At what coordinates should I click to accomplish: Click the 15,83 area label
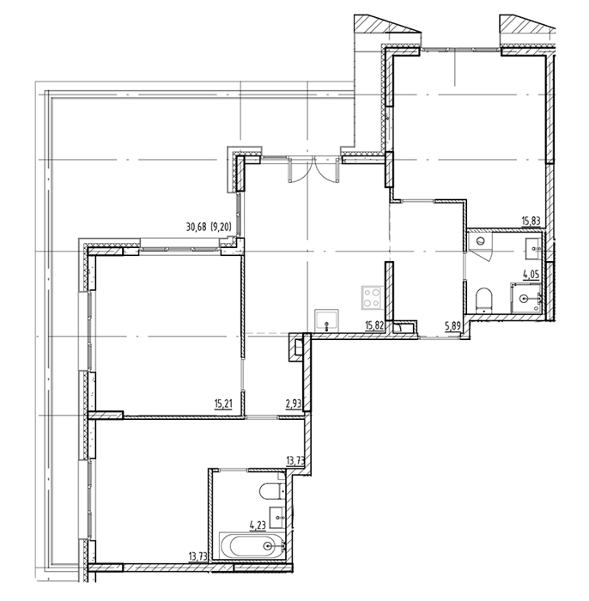click(x=531, y=222)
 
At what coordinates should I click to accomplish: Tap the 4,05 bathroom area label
click(x=531, y=274)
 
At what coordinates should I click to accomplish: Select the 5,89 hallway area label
click(x=452, y=326)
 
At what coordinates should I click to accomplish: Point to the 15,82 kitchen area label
click(x=374, y=325)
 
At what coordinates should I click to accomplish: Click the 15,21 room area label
click(x=223, y=404)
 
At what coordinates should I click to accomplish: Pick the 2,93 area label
click(x=294, y=404)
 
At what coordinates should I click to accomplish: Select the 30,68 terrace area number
click(x=197, y=228)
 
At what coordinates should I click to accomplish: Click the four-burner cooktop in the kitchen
click(x=372, y=298)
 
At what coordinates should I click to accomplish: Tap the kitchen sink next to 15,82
click(x=326, y=321)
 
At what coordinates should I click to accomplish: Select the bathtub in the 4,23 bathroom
click(x=252, y=546)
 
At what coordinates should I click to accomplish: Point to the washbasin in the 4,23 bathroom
click(x=276, y=518)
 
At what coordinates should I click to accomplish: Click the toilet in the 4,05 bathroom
click(x=484, y=300)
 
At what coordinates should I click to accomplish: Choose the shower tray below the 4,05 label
click(x=525, y=298)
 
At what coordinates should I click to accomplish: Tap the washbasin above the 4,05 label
click(x=533, y=248)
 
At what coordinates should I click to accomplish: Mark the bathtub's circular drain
click(x=268, y=546)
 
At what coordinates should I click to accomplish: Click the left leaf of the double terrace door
click(x=297, y=169)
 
